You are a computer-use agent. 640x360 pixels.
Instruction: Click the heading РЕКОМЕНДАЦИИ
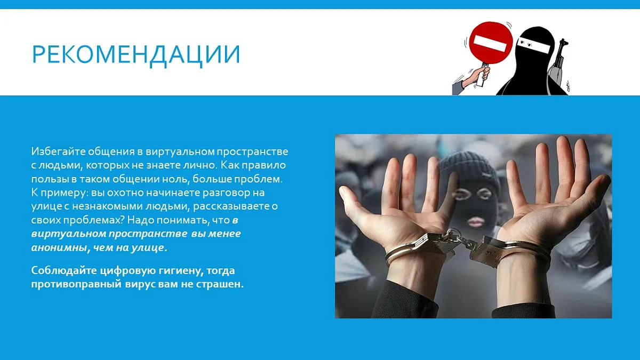(136, 54)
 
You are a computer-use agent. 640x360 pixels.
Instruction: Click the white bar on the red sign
(490, 45)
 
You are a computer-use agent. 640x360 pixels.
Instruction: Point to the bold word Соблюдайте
(65, 270)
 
